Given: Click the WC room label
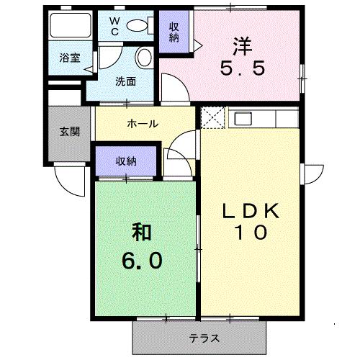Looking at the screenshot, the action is pyautogui.click(x=115, y=27).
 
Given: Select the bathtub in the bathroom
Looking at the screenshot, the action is pyautogui.click(x=71, y=25).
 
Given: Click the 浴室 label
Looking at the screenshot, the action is pyautogui.click(x=70, y=58).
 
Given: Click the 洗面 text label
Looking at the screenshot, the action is pyautogui.click(x=125, y=81).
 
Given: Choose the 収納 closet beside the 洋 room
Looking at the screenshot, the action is pyautogui.click(x=174, y=32).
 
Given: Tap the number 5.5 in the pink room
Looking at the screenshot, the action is pyautogui.click(x=243, y=68).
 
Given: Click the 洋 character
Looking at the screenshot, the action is pyautogui.click(x=242, y=46).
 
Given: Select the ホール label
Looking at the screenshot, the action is pyautogui.click(x=143, y=124).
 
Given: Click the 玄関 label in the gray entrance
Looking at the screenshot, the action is pyautogui.click(x=70, y=132).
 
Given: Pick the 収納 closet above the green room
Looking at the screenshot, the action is pyautogui.click(x=126, y=161).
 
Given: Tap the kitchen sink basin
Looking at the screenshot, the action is pyautogui.click(x=243, y=118).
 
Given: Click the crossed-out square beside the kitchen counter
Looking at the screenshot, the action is pyautogui.click(x=212, y=117).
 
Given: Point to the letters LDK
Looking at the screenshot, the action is pyautogui.click(x=251, y=211).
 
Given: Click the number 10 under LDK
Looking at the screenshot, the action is pyautogui.click(x=251, y=233).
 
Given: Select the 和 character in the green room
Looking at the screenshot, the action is pyautogui.click(x=142, y=232).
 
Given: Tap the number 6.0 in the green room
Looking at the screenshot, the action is pyautogui.click(x=142, y=261).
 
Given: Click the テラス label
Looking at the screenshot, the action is pyautogui.click(x=204, y=338).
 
